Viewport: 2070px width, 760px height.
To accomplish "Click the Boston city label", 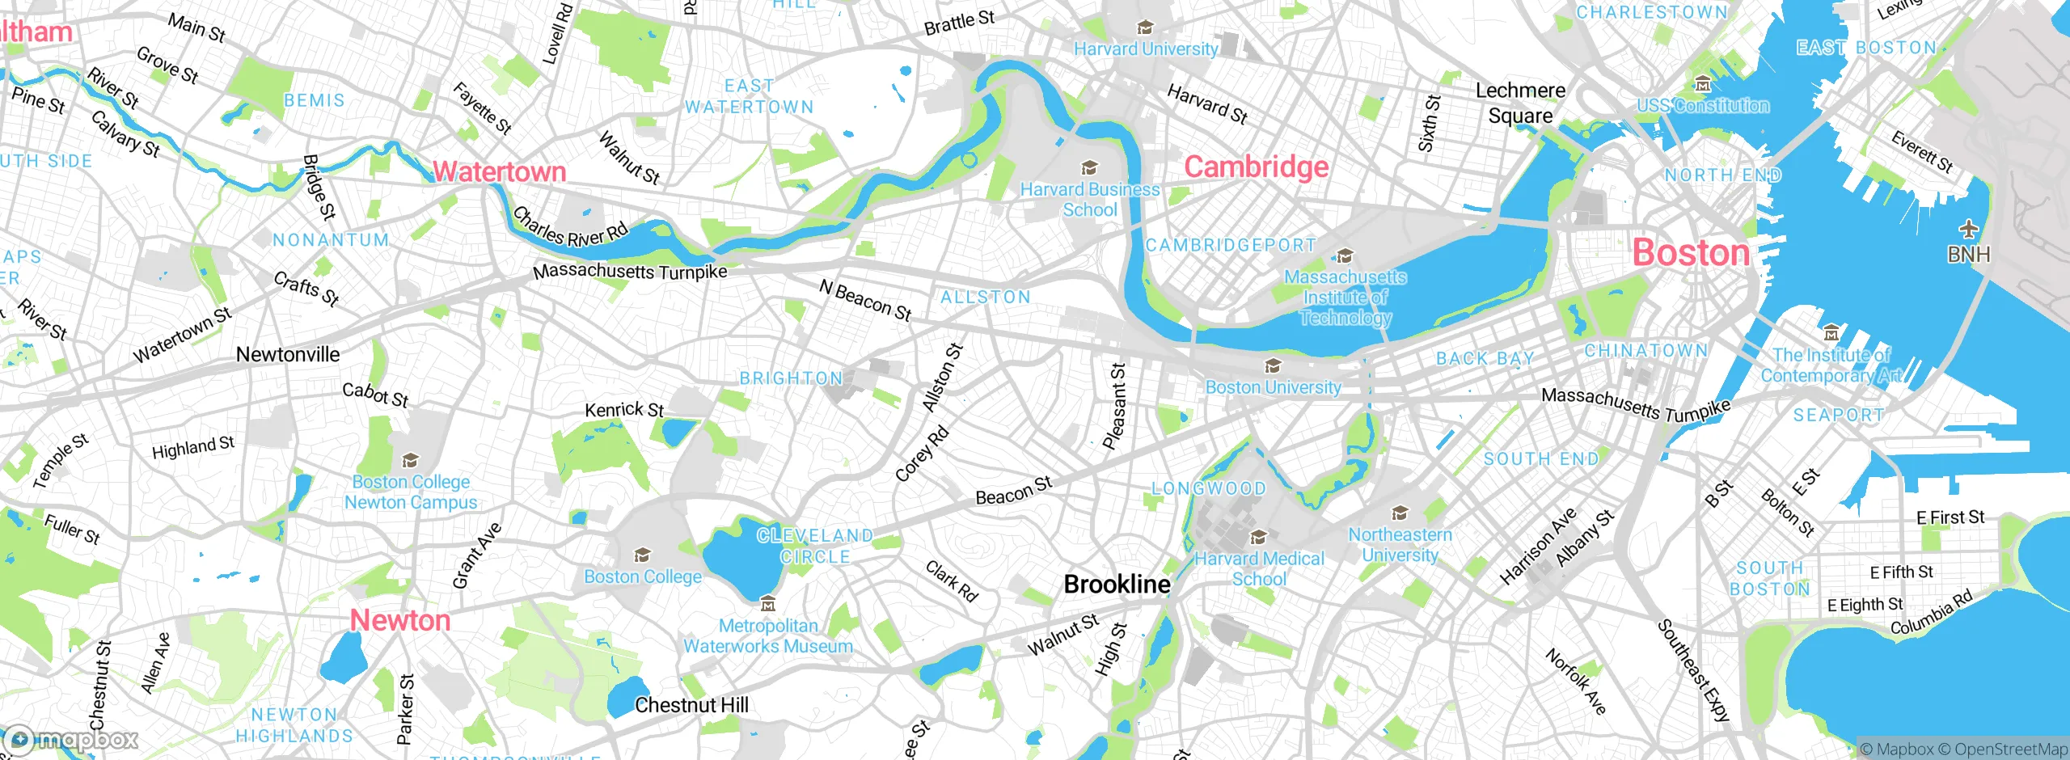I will pos(1691,253).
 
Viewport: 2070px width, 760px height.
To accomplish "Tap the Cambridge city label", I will pos(1256,167).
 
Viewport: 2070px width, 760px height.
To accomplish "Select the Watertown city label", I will pos(499,171).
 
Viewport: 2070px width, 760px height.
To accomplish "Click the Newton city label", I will pos(399,620).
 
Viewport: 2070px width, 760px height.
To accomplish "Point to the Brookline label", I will pos(1117,584).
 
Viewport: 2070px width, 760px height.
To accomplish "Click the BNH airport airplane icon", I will pos(1968,230).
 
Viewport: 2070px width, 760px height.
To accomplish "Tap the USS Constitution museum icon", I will pos(1703,84).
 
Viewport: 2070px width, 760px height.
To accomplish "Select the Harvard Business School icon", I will pos(1089,168).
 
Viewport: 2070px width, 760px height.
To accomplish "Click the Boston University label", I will pos(1273,387).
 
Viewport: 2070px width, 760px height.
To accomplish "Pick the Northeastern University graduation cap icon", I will pos(1400,513).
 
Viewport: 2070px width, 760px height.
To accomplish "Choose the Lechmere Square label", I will pos(1520,103).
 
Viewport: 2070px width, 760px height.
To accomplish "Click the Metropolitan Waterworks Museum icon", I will pos(768,604).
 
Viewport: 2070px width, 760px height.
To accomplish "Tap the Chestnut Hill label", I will pos(691,705).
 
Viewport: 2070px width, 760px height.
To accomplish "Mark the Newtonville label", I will pos(288,354).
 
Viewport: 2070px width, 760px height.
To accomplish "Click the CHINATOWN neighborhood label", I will pos(1645,351).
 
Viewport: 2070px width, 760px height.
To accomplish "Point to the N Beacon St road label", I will pos(865,300).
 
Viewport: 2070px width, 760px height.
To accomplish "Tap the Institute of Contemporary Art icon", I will pos(1831,333).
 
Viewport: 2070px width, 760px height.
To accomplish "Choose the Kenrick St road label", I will pos(624,410).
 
